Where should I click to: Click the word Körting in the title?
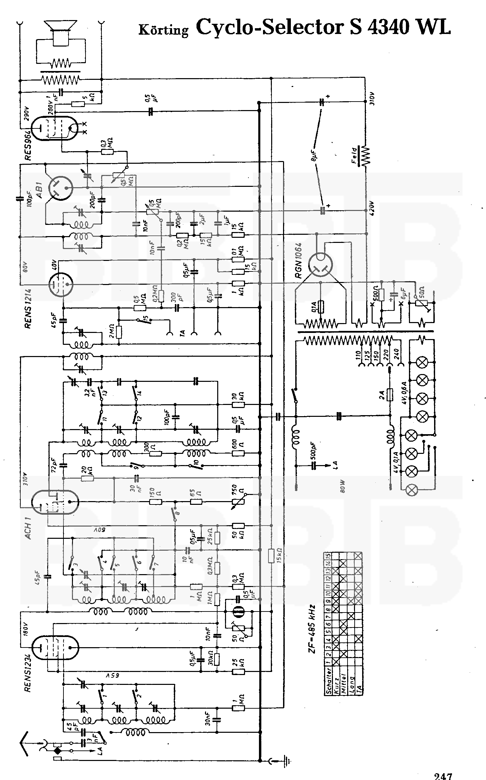tap(164, 30)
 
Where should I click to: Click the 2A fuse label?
tap(381, 395)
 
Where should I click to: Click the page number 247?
tap(443, 776)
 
